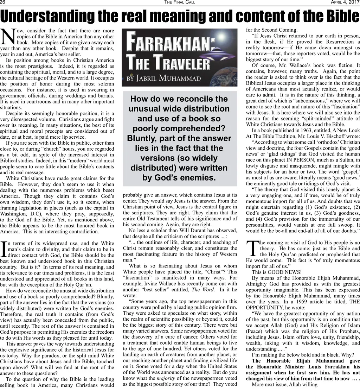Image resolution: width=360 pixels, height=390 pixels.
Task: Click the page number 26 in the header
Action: tap(4, 3)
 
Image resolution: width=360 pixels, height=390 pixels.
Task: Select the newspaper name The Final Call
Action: tap(180, 3)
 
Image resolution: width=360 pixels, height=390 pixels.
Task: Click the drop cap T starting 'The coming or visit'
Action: tap(252, 249)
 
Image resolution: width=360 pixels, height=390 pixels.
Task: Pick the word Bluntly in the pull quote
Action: tap(142, 138)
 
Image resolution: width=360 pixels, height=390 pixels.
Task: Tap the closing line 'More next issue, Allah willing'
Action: tap(285, 384)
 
